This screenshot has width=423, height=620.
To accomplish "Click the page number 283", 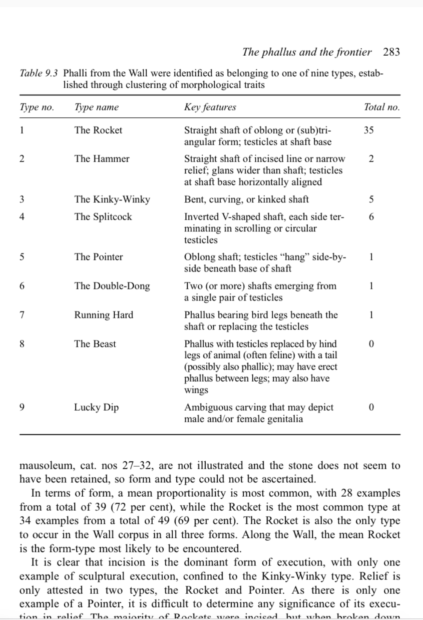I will tap(391, 52).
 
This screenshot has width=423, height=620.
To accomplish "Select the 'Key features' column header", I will tap(210, 107).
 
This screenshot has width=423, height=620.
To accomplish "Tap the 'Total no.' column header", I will tap(381, 107).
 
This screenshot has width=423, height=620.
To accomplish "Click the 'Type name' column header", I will tap(96, 107).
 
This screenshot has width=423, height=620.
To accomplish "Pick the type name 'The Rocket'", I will tap(98, 130).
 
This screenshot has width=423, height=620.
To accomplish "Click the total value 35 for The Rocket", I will tap(368, 130).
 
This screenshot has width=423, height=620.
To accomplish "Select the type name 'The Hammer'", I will tap(102, 159).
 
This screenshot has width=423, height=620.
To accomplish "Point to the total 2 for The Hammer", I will tap(371, 159).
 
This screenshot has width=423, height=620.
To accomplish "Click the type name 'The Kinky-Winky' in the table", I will tap(112, 199).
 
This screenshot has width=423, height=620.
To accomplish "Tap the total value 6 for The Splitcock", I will tap(371, 217).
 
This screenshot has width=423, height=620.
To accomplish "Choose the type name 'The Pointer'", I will tap(99, 257).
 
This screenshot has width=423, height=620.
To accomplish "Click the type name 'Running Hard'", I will tap(103, 315).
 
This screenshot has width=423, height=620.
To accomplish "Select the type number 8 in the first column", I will tap(22, 344).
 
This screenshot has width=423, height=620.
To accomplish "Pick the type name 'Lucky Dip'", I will tap(96, 407).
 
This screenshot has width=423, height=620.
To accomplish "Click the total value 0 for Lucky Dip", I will tap(371, 407).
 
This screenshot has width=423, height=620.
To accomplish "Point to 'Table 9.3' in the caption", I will tap(39, 73).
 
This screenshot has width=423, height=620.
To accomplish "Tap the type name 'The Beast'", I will tap(95, 344).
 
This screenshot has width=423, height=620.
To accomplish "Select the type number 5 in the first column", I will tap(22, 257).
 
